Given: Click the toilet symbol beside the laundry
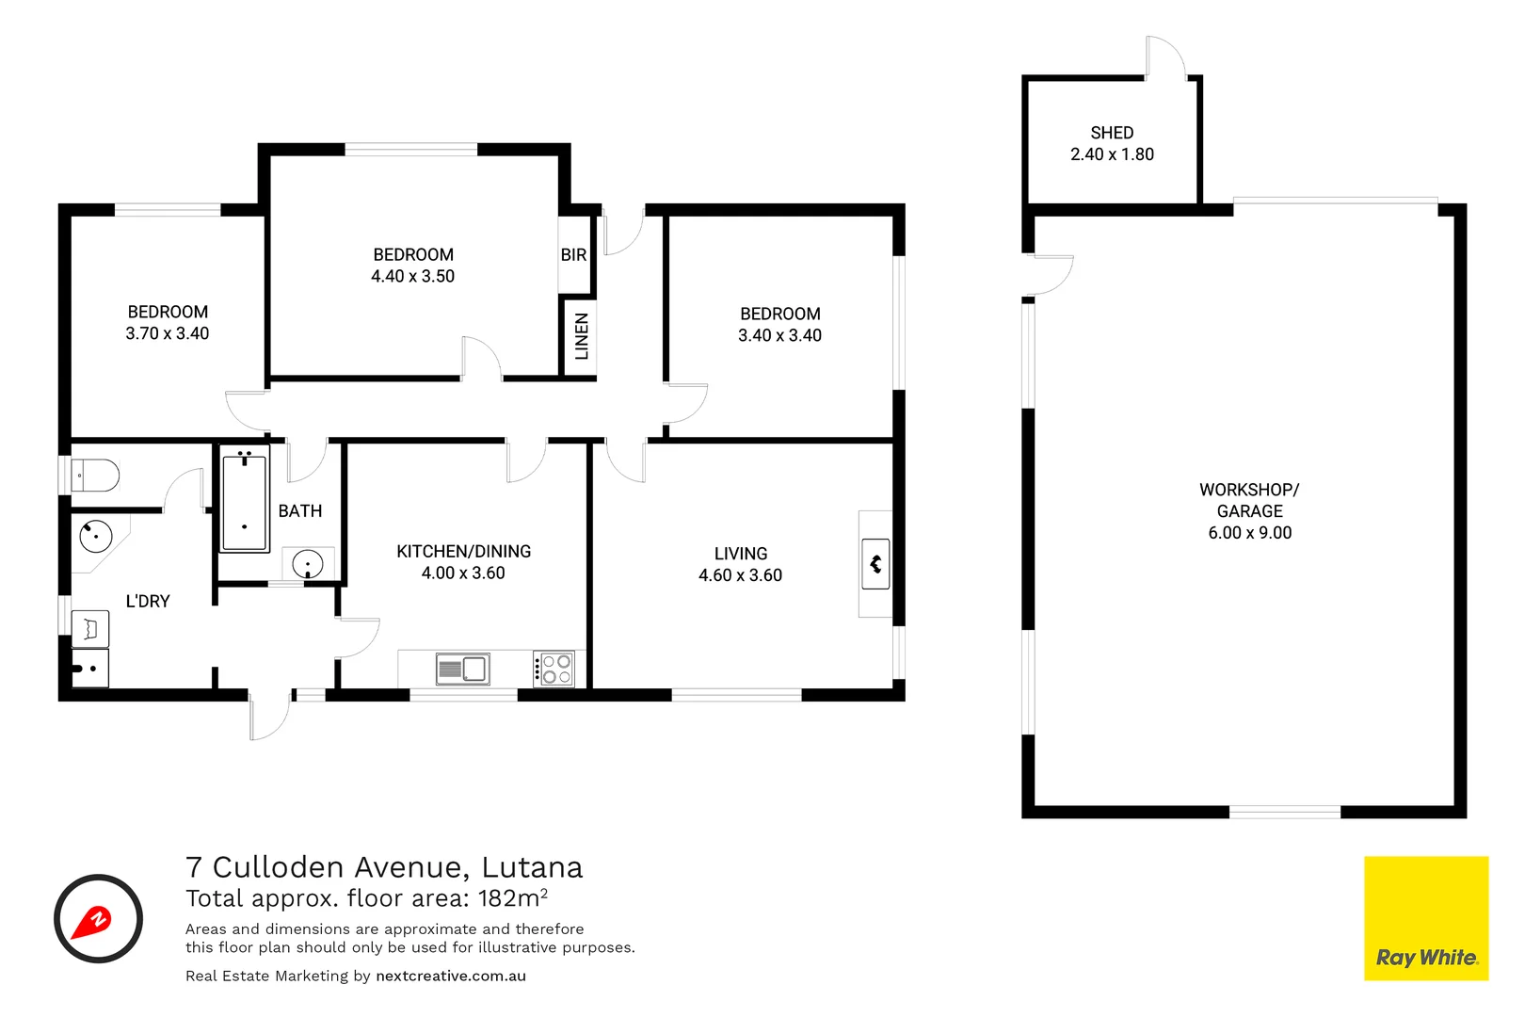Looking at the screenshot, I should pos(95,476).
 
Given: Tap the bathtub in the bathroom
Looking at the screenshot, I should pos(245,500).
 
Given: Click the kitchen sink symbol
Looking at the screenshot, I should pos(462,670).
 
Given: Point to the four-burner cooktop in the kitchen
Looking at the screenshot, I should pos(554,670).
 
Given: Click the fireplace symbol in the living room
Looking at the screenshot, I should pos(875,564).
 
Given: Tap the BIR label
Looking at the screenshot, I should pos(573,255).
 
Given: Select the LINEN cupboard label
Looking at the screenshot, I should pos(582,336).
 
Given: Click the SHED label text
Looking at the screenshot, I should pos(1112,133).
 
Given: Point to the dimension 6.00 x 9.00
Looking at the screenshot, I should pos(1249,533).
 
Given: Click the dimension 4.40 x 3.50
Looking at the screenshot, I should pos(412,277).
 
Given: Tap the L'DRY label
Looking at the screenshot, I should pos(148,601).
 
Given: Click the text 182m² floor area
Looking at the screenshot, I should pos(512,897).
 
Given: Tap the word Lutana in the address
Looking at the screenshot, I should pos(532,867).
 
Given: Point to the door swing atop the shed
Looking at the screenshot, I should pos(1164,57).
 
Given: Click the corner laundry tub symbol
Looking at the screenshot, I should pos(96,537).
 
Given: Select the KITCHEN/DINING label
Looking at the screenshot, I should pos(463,552).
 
